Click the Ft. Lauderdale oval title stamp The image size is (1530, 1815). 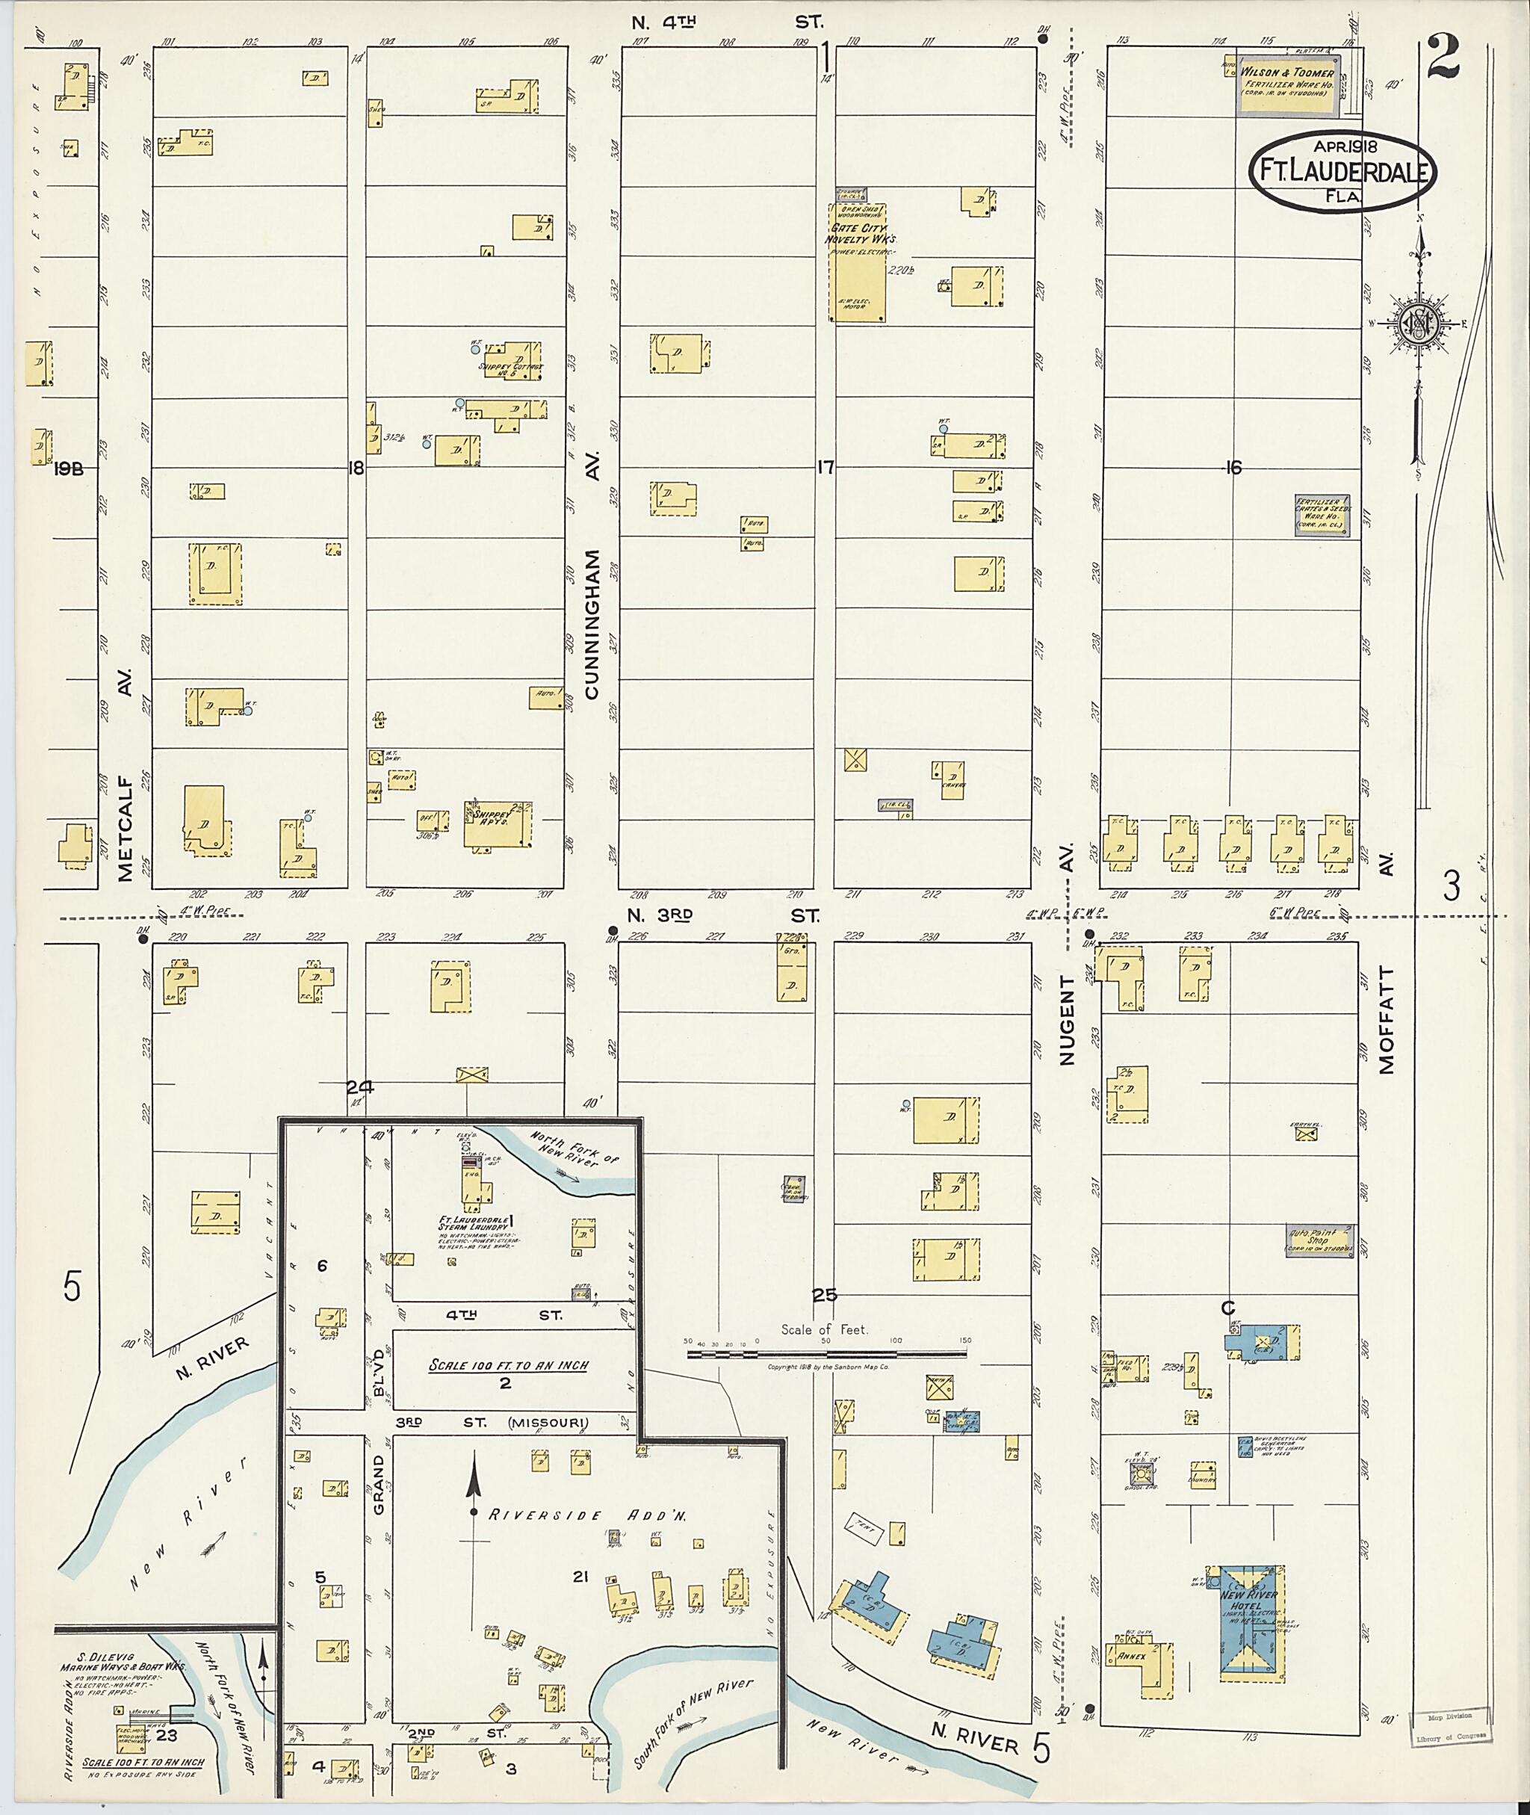click(1341, 171)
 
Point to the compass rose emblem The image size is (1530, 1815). click(1420, 324)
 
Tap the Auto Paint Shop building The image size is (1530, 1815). click(1319, 1240)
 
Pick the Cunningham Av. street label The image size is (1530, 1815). click(592, 625)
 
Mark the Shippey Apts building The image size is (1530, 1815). click(497, 823)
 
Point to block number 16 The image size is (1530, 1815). click(1233, 468)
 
